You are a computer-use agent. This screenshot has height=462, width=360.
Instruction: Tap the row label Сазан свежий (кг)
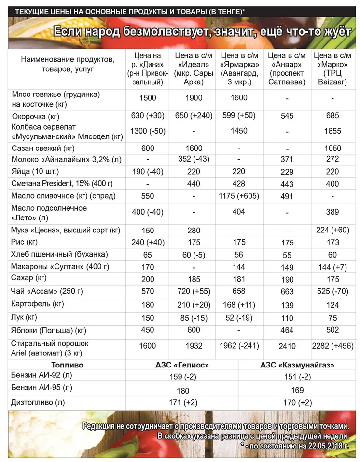pos(43,148)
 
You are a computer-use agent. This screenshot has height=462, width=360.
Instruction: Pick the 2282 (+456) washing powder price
pos(333,346)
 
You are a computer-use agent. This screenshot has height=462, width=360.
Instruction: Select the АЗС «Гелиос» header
pos(182,365)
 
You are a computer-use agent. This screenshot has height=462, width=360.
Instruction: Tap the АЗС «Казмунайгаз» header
pos(297,365)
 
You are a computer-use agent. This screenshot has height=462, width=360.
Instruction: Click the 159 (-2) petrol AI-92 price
pos(182,377)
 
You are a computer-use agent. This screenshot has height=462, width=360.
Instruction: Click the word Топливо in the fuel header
pos(67,365)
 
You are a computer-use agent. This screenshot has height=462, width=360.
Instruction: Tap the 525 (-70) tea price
pos(333,291)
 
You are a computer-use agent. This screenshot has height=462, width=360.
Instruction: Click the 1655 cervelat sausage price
pos(333,131)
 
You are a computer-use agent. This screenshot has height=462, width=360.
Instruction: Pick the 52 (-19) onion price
pos(239,318)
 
